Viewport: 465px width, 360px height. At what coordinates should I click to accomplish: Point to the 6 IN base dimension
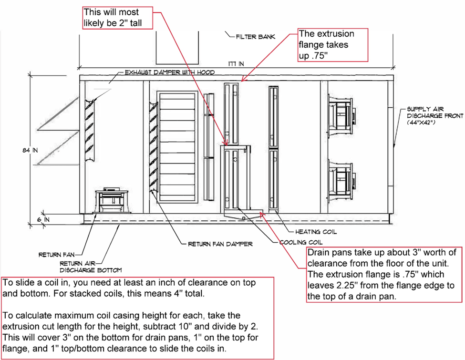click(44, 219)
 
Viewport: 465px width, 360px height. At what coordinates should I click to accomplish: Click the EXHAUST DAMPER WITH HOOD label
click(169, 72)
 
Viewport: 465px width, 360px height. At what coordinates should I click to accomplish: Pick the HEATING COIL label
click(316, 232)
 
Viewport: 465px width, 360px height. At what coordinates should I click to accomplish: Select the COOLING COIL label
click(301, 242)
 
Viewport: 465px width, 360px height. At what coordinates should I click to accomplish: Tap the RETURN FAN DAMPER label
click(220, 244)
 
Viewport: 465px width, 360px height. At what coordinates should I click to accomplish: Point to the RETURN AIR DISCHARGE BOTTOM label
click(91, 266)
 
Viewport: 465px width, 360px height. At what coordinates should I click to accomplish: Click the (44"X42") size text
click(423, 123)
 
